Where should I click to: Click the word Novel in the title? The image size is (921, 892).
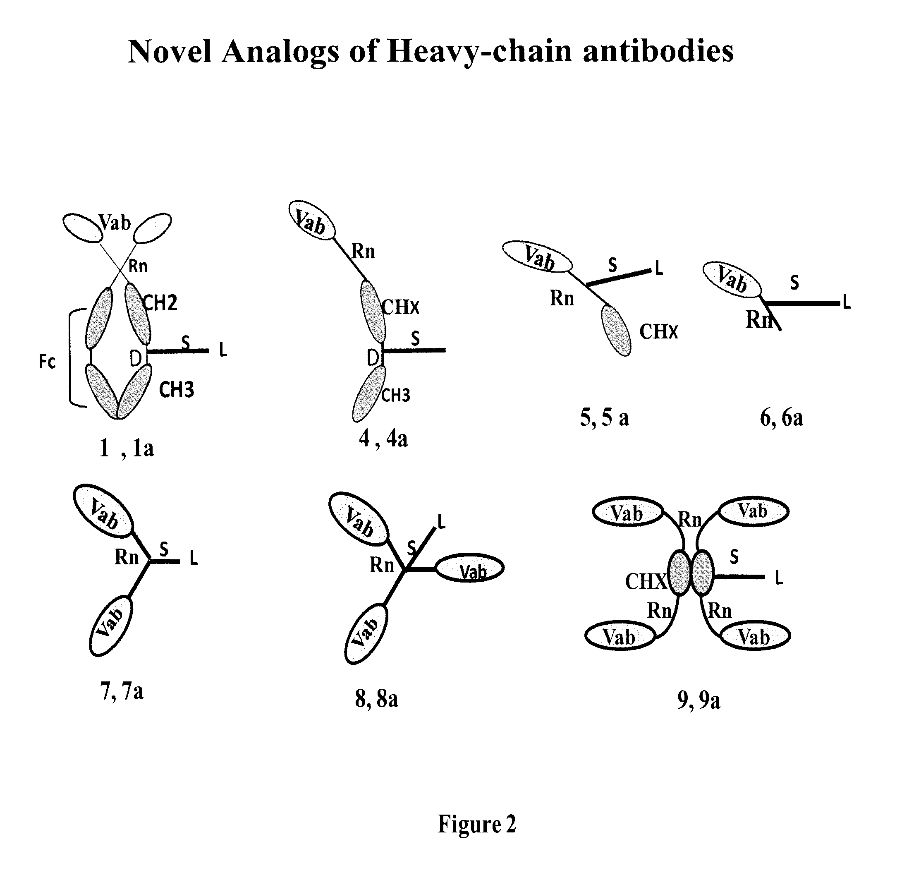[x=169, y=51]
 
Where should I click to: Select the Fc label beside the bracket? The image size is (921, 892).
[x=47, y=362]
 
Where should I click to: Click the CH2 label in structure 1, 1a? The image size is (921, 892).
[x=160, y=303]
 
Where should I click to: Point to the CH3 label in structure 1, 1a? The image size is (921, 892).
[x=176, y=390]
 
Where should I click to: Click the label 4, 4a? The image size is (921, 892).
[x=383, y=439]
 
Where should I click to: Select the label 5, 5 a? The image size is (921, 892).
[x=604, y=417]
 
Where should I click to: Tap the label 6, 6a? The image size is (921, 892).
[x=781, y=418]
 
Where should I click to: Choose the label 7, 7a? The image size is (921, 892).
[x=122, y=691]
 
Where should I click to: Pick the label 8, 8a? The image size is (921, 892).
[x=376, y=699]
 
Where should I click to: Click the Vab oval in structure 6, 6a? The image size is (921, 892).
[x=731, y=280]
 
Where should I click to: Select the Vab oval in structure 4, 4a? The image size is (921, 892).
[x=311, y=221]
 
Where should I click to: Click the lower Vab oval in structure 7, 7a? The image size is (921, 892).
[x=111, y=625]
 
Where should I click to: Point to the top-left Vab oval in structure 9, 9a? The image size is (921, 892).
[x=627, y=513]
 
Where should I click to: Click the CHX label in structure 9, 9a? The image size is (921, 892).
[x=645, y=581]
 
